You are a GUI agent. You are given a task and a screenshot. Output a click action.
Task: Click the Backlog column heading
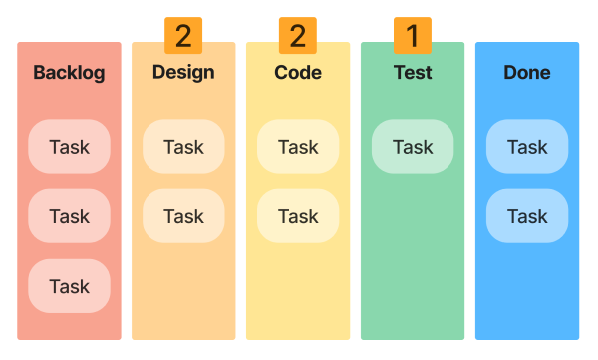click(69, 73)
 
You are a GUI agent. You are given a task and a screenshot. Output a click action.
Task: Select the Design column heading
click(183, 72)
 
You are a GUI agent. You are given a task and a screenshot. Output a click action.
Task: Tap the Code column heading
click(298, 72)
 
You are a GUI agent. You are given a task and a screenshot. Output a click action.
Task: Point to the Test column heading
click(413, 72)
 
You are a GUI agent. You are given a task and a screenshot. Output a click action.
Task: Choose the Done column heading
click(527, 73)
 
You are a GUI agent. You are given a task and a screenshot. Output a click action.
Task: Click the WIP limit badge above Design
click(183, 36)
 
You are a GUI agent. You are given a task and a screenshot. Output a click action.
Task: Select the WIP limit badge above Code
click(298, 36)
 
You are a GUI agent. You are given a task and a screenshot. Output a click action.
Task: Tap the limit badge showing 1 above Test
click(413, 36)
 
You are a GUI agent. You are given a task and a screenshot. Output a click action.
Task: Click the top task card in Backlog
click(69, 147)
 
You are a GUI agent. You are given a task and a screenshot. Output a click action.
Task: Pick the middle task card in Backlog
click(69, 216)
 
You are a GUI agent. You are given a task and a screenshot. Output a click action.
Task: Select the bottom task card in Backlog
click(69, 286)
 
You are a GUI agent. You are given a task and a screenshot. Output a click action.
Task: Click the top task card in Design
click(183, 147)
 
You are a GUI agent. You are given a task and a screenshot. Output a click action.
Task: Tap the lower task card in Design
click(183, 216)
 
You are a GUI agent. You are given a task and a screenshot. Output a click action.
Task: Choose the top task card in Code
click(298, 147)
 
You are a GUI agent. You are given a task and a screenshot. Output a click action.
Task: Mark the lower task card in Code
click(298, 216)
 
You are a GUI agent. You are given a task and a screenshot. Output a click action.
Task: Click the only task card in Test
click(413, 147)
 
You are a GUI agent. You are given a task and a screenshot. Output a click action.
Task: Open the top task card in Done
click(527, 147)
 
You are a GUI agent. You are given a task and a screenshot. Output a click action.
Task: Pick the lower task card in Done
click(527, 216)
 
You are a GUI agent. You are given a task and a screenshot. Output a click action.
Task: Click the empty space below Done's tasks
click(527, 289)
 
